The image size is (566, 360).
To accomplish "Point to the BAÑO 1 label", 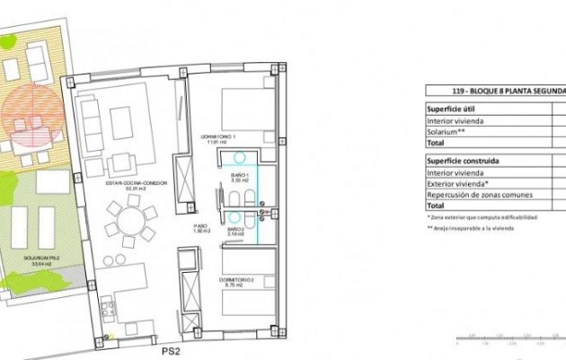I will pos(238,177).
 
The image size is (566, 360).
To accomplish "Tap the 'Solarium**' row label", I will pos(446,130).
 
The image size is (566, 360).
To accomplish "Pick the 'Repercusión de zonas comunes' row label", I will pos(480,195).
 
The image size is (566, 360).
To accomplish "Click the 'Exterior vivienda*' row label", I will pos(458,184).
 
